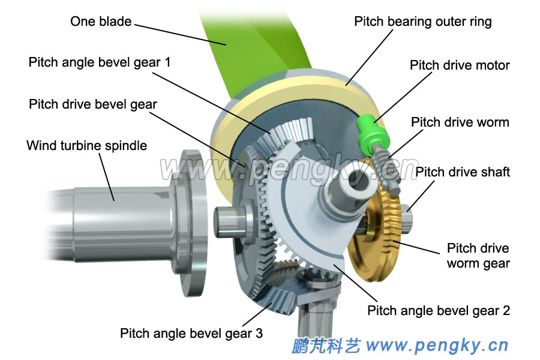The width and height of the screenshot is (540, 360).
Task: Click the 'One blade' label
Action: [x=100, y=22]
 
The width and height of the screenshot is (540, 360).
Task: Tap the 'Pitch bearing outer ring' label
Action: [x=422, y=22]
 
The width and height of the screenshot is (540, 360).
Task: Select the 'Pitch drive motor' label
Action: [x=460, y=65]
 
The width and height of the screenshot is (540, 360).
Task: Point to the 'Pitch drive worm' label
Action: [x=460, y=122]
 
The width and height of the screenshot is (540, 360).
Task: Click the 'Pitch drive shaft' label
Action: [x=463, y=172]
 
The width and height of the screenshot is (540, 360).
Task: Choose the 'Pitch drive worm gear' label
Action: [x=478, y=256]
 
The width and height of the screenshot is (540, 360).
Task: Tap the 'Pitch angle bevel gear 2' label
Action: [x=438, y=310]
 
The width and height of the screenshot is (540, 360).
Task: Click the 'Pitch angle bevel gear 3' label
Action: [x=191, y=333]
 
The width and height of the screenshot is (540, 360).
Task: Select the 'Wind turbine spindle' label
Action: [x=86, y=145]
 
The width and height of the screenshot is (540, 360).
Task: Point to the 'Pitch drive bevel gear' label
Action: [x=93, y=104]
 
